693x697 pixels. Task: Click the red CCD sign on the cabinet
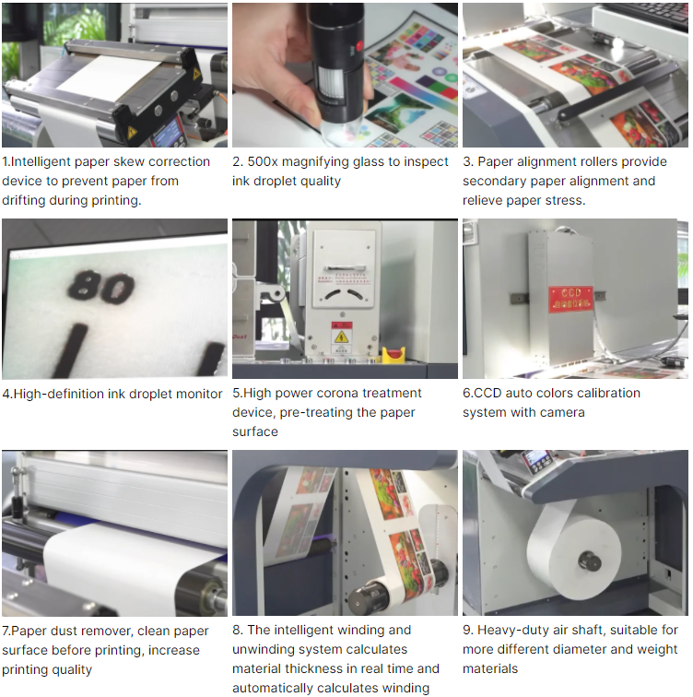pos(570,299)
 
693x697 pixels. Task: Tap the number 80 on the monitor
pos(101,288)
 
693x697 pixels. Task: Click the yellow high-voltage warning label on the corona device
pos(342,337)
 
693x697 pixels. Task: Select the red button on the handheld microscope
pos(358,46)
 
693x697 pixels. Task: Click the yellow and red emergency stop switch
pos(393,355)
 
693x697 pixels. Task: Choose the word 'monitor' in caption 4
pos(199,394)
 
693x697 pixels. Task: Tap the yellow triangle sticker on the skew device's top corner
pos(196,74)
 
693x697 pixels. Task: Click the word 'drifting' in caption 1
pos(24,200)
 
